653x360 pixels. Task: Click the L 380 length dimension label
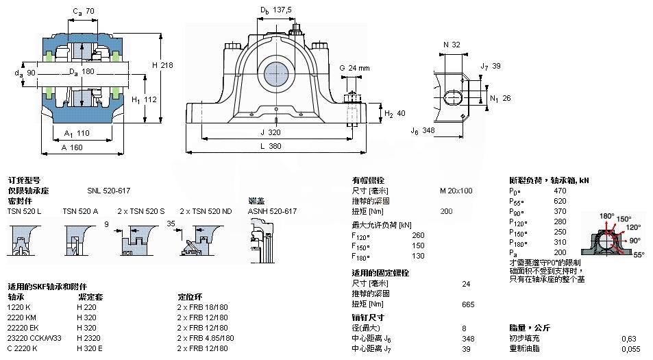point(274,146)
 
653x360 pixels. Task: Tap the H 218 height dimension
point(163,64)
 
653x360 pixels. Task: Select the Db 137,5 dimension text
point(275,10)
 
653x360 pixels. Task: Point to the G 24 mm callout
point(354,68)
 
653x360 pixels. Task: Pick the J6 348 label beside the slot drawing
point(423,130)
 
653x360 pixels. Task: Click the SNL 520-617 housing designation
point(108,191)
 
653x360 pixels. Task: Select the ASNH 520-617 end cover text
point(272,211)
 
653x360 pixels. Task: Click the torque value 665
point(469,304)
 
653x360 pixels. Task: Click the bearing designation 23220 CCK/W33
point(35,337)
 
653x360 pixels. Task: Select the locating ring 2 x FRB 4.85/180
point(206,337)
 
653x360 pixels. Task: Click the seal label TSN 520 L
point(25,211)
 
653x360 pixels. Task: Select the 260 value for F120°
point(417,235)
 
